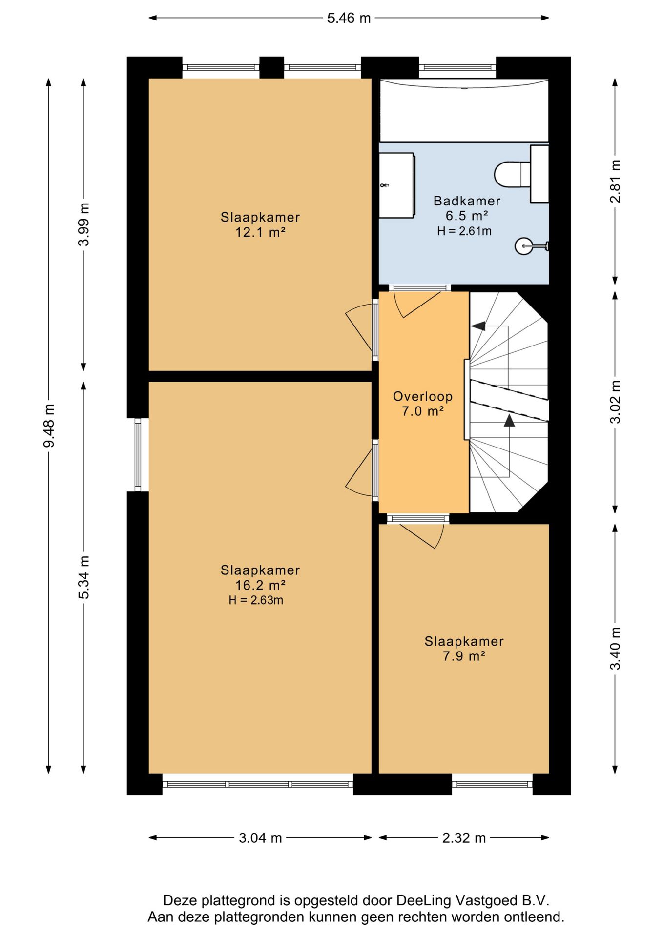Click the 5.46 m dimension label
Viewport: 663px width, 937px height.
[x=349, y=18]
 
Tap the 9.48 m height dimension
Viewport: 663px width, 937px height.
[x=49, y=426]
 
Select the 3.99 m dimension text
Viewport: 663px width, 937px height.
[x=84, y=224]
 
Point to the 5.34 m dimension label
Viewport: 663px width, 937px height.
[x=84, y=577]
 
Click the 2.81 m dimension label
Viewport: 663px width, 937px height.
[x=616, y=181]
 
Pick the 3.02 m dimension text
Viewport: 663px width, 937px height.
[x=616, y=402]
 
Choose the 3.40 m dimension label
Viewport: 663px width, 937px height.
[x=616, y=649]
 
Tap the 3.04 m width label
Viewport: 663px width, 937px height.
[x=260, y=838]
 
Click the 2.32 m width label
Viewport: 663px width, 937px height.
[x=464, y=838]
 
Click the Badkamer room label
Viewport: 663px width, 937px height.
[x=467, y=201]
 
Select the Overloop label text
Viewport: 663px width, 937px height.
[x=423, y=396]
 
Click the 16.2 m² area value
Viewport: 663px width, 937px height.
[x=260, y=585]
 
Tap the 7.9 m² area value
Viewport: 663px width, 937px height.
[x=464, y=656]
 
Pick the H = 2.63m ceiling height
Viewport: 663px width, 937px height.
[x=256, y=600]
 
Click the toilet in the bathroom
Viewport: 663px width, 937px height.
[x=513, y=174]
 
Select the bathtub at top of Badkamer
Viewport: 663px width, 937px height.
[x=464, y=110]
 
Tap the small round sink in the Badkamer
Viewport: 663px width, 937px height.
[x=523, y=246]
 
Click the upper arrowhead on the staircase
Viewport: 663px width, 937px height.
[x=478, y=326]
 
